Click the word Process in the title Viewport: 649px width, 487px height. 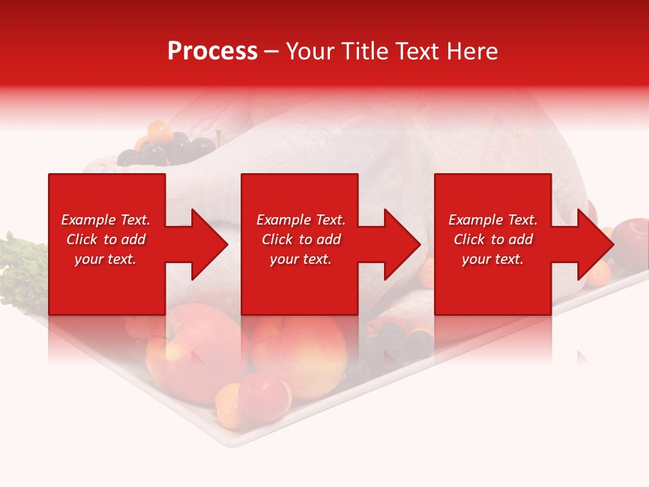click(212, 51)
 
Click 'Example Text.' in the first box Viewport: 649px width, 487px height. click(105, 220)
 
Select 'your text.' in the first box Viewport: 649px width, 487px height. click(105, 259)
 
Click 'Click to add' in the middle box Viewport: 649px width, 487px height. click(301, 239)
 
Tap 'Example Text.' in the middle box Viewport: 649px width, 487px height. click(301, 220)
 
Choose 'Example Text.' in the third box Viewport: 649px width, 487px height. click(493, 220)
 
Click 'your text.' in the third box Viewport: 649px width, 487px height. click(493, 259)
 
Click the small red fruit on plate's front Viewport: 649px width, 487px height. click(264, 396)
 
